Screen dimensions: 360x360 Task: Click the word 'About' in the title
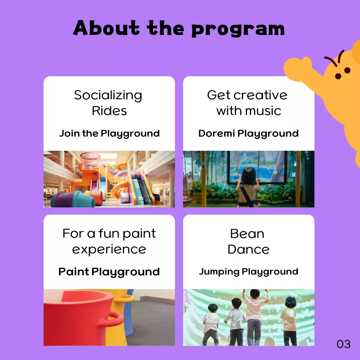coord(106,28)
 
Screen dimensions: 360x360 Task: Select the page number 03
coord(343,344)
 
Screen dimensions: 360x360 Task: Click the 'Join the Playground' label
coord(109,133)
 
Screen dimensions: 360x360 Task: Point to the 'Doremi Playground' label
coord(248,133)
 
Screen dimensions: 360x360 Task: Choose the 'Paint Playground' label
coord(109,272)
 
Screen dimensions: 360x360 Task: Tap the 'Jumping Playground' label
coord(248,272)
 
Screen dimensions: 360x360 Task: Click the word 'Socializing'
coord(108,96)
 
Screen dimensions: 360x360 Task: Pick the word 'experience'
coord(109,249)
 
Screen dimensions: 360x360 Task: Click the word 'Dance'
coord(248,249)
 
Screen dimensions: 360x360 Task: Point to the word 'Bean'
coord(247,234)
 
